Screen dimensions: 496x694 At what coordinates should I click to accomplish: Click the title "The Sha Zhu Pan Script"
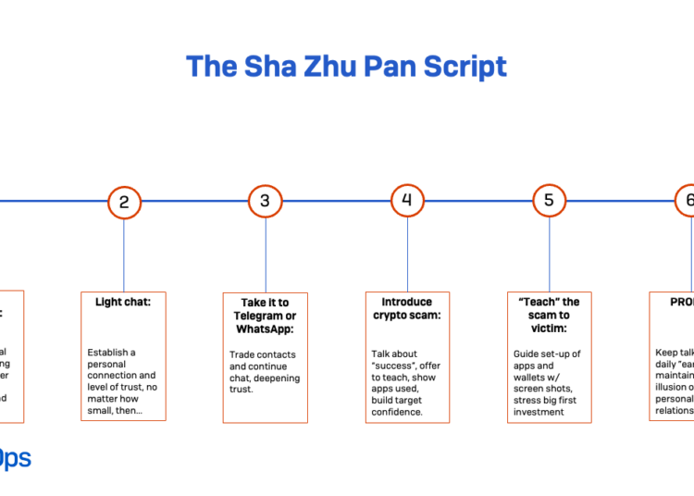(346, 67)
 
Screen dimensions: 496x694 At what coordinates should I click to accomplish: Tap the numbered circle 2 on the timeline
(124, 201)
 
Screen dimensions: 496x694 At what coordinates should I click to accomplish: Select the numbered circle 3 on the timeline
(266, 201)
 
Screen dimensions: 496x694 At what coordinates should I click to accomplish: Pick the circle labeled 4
(407, 201)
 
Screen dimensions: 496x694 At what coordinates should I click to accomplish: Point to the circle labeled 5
(549, 201)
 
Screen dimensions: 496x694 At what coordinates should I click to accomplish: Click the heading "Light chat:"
(123, 302)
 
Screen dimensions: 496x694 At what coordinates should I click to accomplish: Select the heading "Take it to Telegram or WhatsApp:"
(265, 316)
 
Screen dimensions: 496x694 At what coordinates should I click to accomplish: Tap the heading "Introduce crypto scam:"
(407, 308)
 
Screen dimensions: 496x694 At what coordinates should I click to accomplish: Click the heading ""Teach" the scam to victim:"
(549, 316)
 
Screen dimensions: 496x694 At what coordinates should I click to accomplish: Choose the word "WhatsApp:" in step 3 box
(265, 329)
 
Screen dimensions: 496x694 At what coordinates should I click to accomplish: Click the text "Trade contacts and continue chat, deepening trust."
(265, 372)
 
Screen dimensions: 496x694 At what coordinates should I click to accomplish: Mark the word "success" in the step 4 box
(392, 366)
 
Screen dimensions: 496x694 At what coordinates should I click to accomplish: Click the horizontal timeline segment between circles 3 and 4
(336, 201)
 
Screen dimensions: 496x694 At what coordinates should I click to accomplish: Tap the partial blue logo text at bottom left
(15, 459)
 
